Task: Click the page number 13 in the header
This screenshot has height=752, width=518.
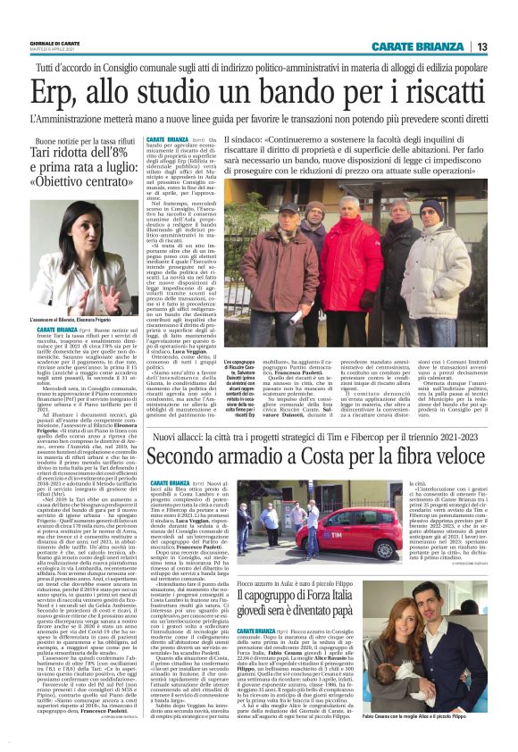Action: pyautogui.click(x=505, y=46)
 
